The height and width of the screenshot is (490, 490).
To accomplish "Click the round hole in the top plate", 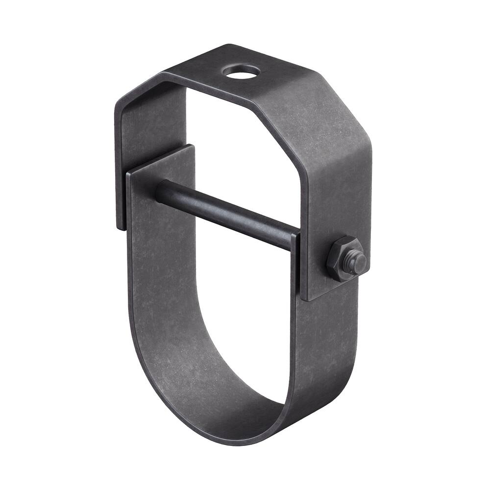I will tap(241, 72).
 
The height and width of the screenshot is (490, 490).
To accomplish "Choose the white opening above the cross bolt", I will tap(235, 147).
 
